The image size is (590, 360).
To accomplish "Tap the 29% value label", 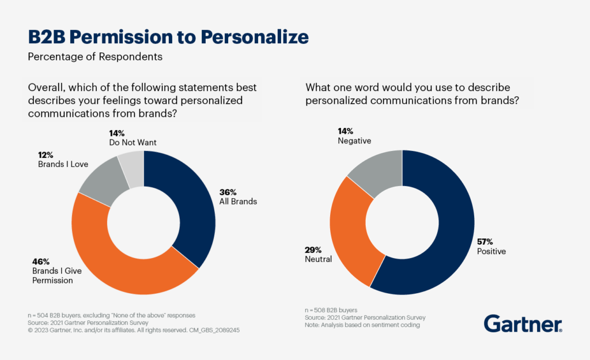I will pos(313,250).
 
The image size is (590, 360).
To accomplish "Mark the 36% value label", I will pos(229,192).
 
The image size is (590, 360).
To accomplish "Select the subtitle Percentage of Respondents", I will pos(95,57).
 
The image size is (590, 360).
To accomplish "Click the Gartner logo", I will pos(523,324).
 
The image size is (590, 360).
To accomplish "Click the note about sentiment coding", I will pos(362,325).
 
